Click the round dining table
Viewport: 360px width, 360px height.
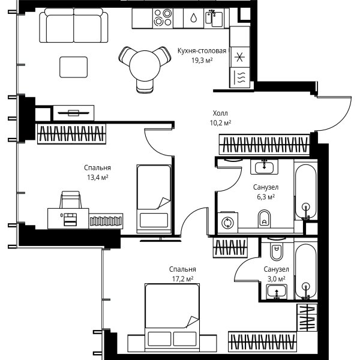145,65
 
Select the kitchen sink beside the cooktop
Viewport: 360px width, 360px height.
214,18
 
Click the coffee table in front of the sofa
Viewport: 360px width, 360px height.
73,67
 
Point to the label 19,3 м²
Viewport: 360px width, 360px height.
202,61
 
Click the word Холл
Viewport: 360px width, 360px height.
220,113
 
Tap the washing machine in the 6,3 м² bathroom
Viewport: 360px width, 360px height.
227,223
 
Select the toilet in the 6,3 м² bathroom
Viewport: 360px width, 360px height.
264,218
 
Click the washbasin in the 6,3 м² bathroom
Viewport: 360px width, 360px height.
264,167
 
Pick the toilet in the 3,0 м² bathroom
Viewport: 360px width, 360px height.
277,251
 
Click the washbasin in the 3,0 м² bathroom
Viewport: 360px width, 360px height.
277,292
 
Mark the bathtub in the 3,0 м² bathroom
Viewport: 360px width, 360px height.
305,271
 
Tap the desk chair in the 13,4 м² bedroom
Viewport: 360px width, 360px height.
71,200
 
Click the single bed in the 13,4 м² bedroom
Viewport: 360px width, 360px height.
154,199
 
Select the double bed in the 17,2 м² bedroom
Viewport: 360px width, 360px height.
172,317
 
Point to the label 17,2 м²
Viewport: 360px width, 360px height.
182,279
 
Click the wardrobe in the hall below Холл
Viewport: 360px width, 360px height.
265,145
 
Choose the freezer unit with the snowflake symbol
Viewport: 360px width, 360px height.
239,57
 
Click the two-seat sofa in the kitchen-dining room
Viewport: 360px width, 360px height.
73,25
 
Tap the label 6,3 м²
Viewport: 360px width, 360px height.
266,197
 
